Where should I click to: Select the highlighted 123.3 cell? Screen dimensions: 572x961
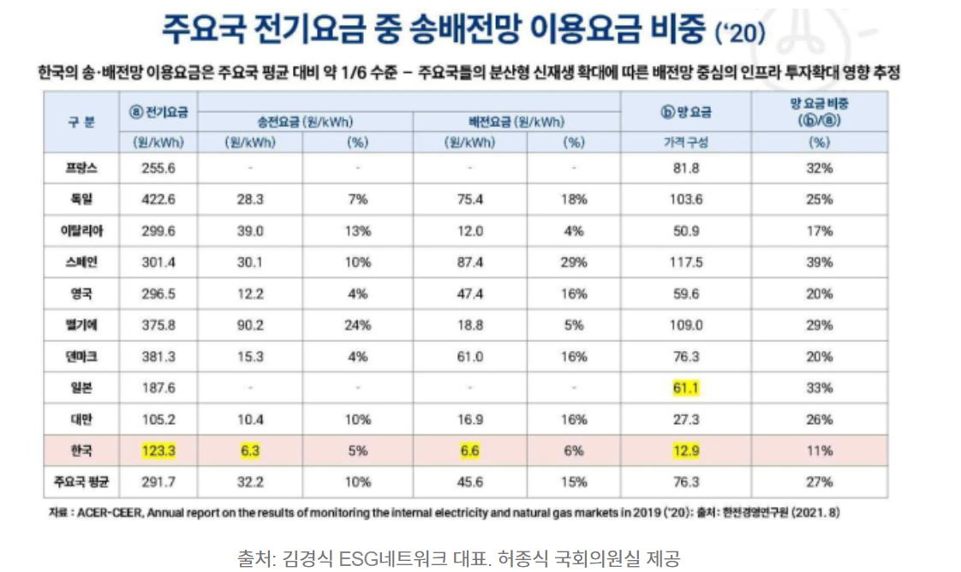click(158, 450)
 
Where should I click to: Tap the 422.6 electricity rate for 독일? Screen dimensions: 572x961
click(158, 200)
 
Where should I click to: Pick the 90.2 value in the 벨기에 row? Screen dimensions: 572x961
click(249, 325)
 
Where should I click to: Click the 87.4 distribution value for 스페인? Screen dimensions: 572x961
click(469, 262)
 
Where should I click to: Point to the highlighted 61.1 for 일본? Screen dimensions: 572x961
click(685, 388)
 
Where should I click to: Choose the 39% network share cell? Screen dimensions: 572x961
click(820, 262)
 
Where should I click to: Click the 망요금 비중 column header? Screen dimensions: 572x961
click(820, 113)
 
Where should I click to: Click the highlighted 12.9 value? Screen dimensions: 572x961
click(685, 450)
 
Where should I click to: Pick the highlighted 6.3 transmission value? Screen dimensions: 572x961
click(249, 450)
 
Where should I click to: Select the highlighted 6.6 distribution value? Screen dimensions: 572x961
click(469, 450)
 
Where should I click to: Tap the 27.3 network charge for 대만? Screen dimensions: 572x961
click(685, 419)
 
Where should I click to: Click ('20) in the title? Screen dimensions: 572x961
click(740, 33)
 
